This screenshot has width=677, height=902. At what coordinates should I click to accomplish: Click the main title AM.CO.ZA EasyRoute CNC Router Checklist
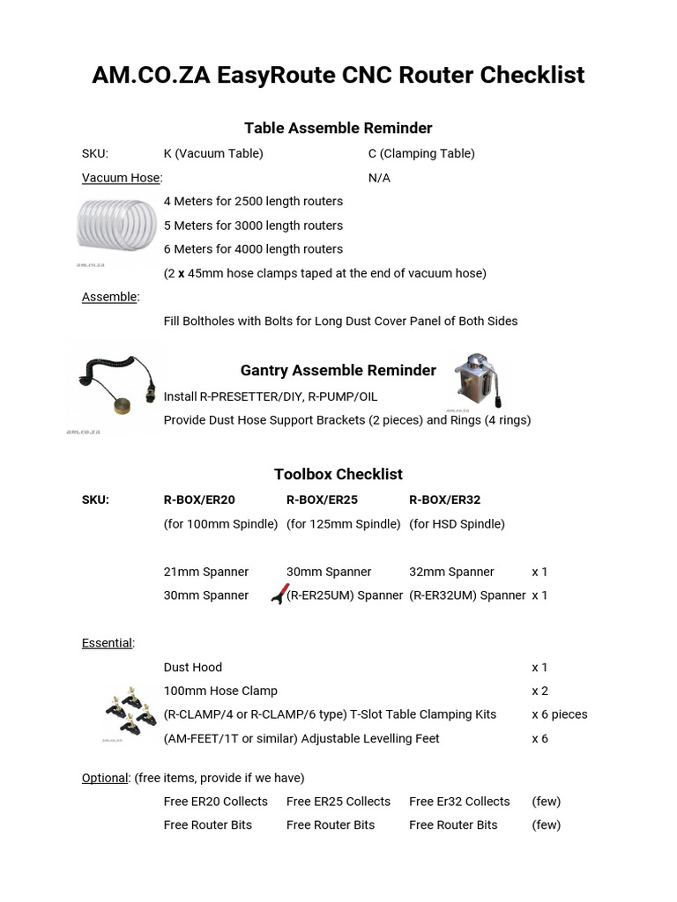(338, 76)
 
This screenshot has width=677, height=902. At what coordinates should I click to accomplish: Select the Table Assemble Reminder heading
(338, 129)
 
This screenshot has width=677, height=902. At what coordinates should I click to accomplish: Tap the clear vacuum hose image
(115, 228)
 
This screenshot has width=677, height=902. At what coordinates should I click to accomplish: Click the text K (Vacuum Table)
(213, 153)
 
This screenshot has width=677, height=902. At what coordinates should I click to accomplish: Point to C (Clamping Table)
(421, 153)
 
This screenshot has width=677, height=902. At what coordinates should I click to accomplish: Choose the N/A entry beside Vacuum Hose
(379, 178)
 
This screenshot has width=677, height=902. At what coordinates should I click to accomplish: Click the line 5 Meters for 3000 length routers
(253, 225)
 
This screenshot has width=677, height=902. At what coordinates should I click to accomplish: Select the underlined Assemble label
(109, 297)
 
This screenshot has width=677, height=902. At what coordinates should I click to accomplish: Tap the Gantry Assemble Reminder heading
(338, 370)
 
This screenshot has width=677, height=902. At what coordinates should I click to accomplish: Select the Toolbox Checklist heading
(338, 474)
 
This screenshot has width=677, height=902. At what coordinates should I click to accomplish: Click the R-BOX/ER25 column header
(322, 499)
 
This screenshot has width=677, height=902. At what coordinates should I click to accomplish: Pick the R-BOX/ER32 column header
(444, 499)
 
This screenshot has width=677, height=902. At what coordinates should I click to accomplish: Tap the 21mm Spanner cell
(206, 572)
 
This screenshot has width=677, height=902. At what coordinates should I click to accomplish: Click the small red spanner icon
(279, 595)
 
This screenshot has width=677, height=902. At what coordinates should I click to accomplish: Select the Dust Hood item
(193, 668)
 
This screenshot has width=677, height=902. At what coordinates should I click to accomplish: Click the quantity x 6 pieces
(559, 714)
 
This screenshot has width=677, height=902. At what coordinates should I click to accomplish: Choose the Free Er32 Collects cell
(459, 802)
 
